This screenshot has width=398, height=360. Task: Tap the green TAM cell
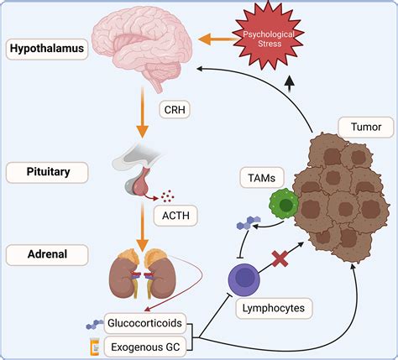pyautogui.click(x=285, y=206)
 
